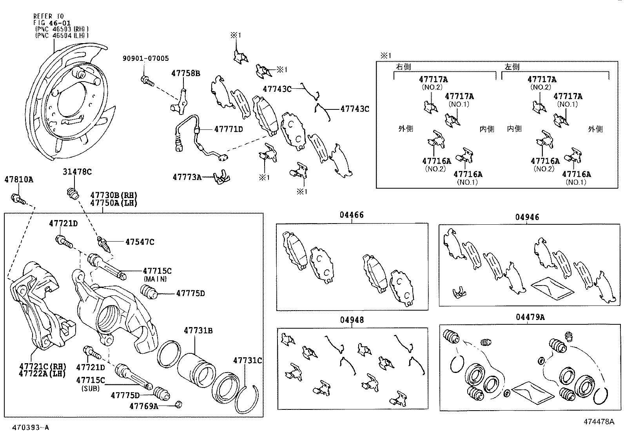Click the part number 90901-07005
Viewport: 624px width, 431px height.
click(x=146, y=58)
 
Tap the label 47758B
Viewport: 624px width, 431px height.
click(x=185, y=73)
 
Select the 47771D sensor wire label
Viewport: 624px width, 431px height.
click(x=229, y=129)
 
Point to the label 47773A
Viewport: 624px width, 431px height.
click(x=187, y=177)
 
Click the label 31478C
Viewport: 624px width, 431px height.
click(x=77, y=172)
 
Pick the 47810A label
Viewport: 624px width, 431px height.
click(x=19, y=180)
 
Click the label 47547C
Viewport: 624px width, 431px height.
click(x=140, y=242)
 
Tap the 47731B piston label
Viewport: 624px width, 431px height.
click(x=198, y=331)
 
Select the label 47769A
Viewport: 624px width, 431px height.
click(x=144, y=406)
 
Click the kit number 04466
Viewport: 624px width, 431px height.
click(x=352, y=215)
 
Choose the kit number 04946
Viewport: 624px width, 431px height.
click(x=527, y=217)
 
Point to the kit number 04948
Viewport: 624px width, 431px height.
click(x=352, y=320)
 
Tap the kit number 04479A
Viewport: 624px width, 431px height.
click(x=530, y=317)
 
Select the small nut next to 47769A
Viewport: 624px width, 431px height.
click(x=179, y=404)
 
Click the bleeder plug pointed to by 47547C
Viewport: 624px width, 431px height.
click(x=104, y=244)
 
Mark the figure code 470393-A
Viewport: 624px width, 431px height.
click(x=30, y=427)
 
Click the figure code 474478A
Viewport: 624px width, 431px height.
click(x=599, y=422)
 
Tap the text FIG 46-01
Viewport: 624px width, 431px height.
click(x=52, y=23)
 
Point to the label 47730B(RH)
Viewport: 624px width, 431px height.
click(x=114, y=195)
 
